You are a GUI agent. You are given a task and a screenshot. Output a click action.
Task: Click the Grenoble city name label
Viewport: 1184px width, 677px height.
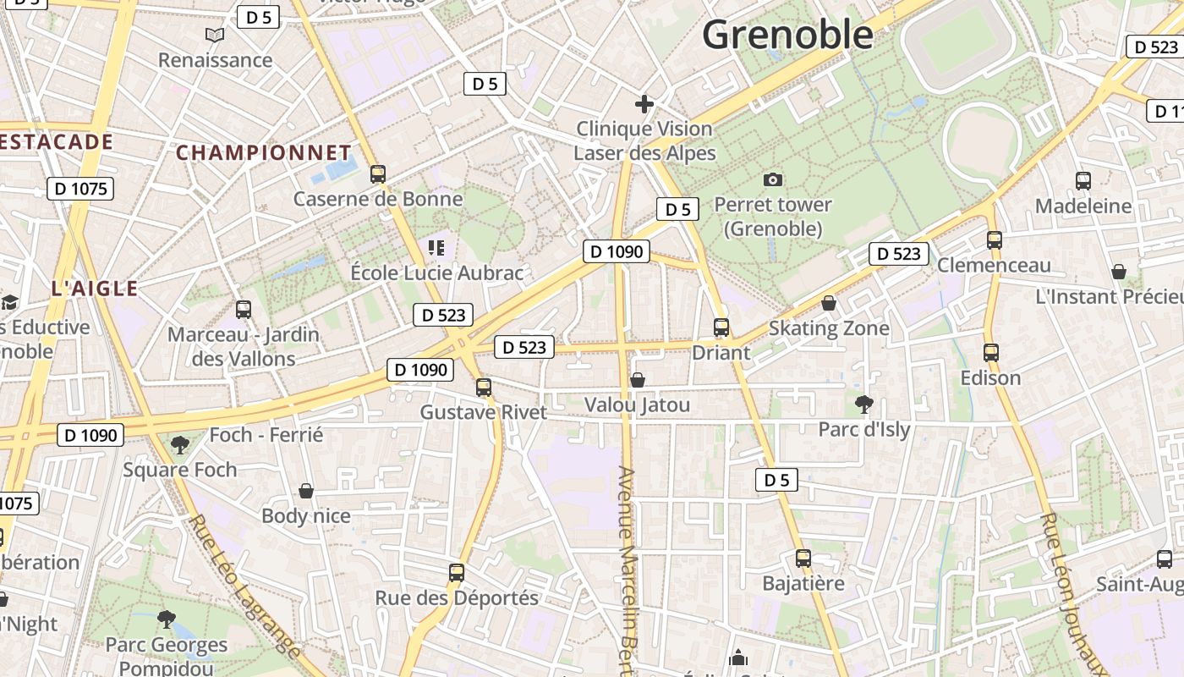tap(787, 35)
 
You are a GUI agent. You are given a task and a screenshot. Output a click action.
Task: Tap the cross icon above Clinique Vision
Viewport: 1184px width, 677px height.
tap(644, 104)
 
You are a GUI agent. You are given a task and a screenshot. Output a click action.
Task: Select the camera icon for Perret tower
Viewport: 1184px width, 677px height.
tap(772, 179)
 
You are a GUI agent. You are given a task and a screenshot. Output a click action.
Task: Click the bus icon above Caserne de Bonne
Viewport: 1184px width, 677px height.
tap(378, 174)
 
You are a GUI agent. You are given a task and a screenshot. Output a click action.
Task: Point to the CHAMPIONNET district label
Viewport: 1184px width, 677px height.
tap(263, 153)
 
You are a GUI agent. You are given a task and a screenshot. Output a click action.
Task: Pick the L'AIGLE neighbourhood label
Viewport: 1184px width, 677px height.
tap(95, 289)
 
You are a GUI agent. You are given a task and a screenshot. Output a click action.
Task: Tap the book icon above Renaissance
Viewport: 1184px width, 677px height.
tap(216, 36)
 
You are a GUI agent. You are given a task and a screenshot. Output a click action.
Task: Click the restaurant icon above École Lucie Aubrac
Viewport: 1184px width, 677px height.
tap(436, 248)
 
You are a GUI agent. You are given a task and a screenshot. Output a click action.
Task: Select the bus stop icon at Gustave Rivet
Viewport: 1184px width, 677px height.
tap(483, 388)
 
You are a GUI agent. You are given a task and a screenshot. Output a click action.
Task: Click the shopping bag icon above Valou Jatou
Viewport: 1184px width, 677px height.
tap(638, 380)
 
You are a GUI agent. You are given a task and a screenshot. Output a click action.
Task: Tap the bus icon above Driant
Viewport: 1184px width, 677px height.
tap(721, 327)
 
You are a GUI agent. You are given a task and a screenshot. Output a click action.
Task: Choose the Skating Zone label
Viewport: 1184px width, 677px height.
tap(829, 328)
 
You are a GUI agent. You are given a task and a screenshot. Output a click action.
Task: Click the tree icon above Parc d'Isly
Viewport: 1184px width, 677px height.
tap(863, 404)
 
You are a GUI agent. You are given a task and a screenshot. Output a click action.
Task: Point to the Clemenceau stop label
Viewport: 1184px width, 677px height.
tap(994, 265)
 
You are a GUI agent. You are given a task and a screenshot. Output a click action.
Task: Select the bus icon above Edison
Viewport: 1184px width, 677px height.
tap(991, 352)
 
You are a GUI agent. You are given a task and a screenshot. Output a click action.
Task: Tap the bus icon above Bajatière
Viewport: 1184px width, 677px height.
tap(803, 559)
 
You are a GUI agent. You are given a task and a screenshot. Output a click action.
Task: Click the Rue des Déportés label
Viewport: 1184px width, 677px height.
tap(457, 597)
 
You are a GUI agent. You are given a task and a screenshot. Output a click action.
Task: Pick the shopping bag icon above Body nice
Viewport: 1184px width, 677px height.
tap(306, 491)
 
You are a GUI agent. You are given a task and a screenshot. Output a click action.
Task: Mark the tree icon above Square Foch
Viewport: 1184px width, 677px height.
tap(179, 444)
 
